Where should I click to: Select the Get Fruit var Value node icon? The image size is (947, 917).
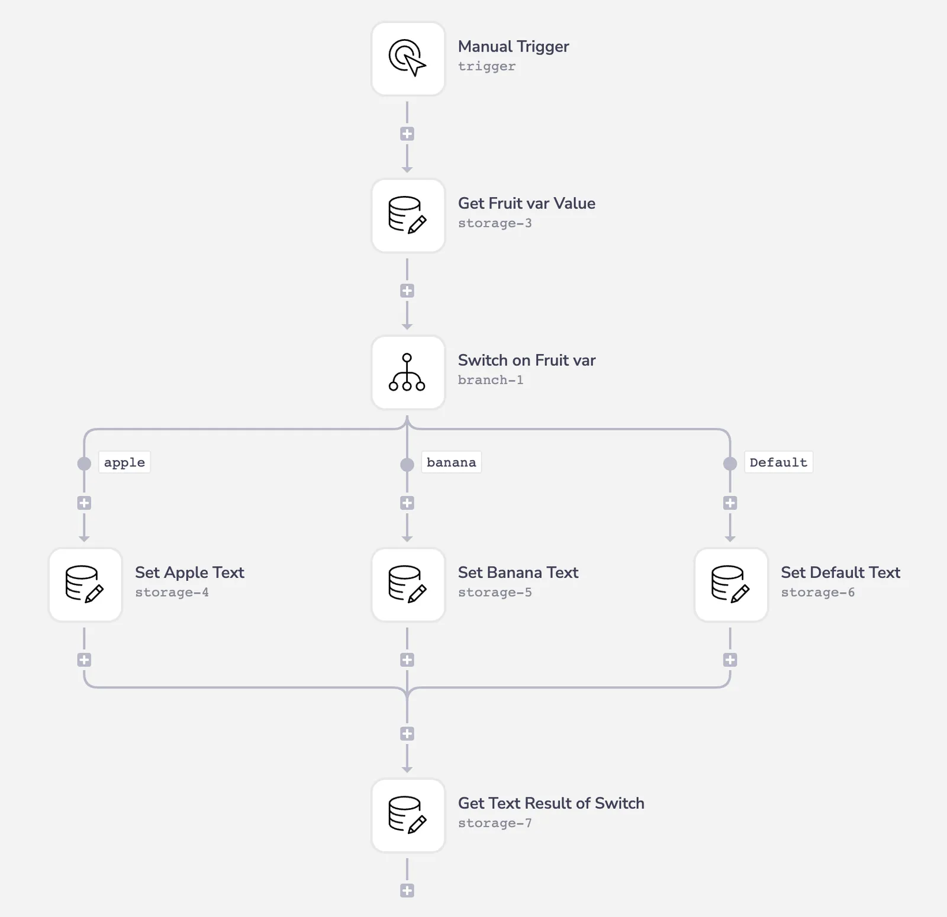click(408, 215)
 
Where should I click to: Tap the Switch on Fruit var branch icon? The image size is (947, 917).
click(408, 372)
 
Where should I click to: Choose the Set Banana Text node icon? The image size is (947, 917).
click(408, 584)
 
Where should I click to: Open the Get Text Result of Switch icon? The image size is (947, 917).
click(408, 815)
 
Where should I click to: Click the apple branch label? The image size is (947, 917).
click(124, 462)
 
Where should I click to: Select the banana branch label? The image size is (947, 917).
click(451, 462)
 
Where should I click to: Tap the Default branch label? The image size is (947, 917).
click(778, 462)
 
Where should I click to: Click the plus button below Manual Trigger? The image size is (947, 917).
click(407, 134)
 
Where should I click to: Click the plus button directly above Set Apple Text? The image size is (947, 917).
click(84, 503)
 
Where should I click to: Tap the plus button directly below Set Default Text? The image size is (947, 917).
click(730, 660)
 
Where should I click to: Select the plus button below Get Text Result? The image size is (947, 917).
click(407, 890)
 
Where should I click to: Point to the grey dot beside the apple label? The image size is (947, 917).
click(84, 464)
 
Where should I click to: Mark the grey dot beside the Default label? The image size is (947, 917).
click(730, 464)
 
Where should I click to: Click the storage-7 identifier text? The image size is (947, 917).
click(495, 823)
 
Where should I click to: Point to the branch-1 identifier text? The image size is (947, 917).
click(491, 380)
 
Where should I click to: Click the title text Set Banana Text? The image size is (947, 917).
click(518, 572)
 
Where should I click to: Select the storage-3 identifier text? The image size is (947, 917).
click(495, 223)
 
